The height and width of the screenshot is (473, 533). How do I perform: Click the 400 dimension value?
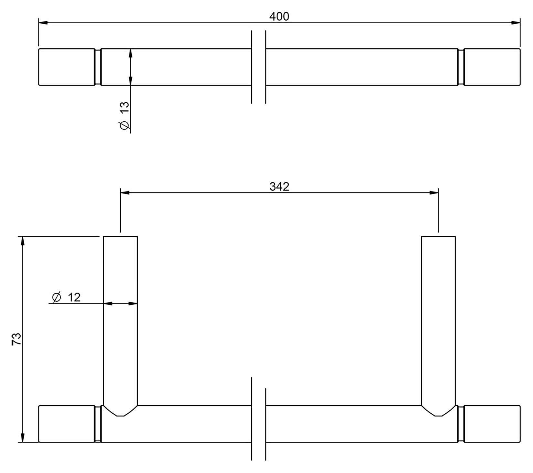tap(279, 16)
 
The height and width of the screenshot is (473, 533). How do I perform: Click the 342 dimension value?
tap(279, 187)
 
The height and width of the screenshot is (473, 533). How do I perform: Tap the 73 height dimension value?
tap(16, 339)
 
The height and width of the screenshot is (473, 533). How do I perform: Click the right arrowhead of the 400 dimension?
tap(516, 23)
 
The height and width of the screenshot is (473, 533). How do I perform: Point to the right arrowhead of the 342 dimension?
tap(434, 193)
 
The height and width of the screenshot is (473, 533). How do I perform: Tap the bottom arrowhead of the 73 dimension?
tap(22, 437)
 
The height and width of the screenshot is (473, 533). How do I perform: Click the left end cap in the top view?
tap(67, 67)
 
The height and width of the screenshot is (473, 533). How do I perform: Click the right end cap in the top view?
tap(492, 67)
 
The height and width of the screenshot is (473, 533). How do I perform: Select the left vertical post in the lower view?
tap(120, 320)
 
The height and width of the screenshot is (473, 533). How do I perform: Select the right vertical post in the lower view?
tap(438, 320)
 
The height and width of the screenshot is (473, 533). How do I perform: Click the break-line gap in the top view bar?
tap(258, 67)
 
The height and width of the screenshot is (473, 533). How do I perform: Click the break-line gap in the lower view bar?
tap(258, 424)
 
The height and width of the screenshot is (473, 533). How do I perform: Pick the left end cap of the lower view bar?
tap(67, 424)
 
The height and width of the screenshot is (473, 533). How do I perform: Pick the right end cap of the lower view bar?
tap(492, 424)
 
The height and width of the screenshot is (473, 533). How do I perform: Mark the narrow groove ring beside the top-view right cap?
tap(461, 67)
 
